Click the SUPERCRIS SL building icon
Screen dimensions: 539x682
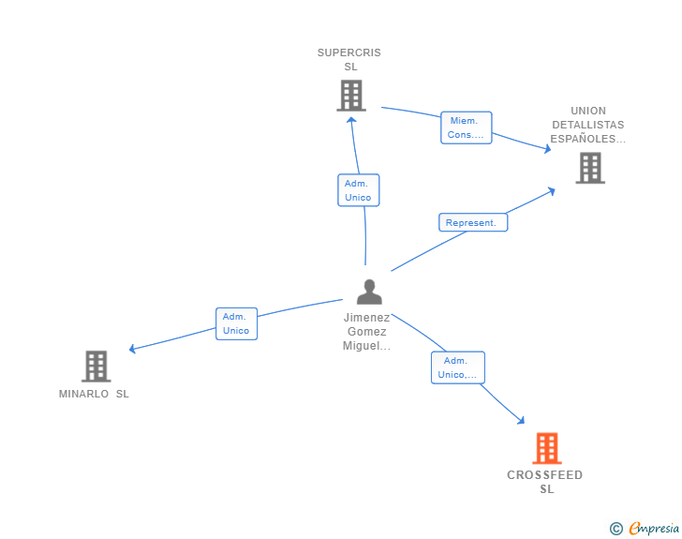click(350, 96)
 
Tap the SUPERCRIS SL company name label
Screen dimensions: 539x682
click(349, 59)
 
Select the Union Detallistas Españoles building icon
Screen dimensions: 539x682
click(589, 168)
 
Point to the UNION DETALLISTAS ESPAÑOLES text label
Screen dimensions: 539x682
click(587, 125)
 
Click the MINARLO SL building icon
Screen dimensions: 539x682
click(96, 367)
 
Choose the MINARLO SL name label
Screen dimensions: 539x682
click(94, 394)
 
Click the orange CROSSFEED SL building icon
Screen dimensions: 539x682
click(547, 448)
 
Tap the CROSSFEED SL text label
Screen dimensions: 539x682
click(545, 482)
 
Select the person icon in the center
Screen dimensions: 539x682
click(369, 292)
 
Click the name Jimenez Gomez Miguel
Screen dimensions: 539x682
click(367, 332)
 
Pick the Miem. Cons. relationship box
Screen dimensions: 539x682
click(466, 127)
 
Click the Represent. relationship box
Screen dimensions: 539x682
click(472, 222)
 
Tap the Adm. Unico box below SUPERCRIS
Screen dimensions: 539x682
click(358, 190)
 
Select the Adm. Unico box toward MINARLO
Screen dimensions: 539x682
click(236, 323)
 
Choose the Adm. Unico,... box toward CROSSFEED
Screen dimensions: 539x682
click(457, 367)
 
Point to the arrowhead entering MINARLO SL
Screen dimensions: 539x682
click(133, 350)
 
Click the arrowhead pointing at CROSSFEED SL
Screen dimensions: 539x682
click(520, 421)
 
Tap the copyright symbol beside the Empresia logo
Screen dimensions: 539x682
click(615, 529)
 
